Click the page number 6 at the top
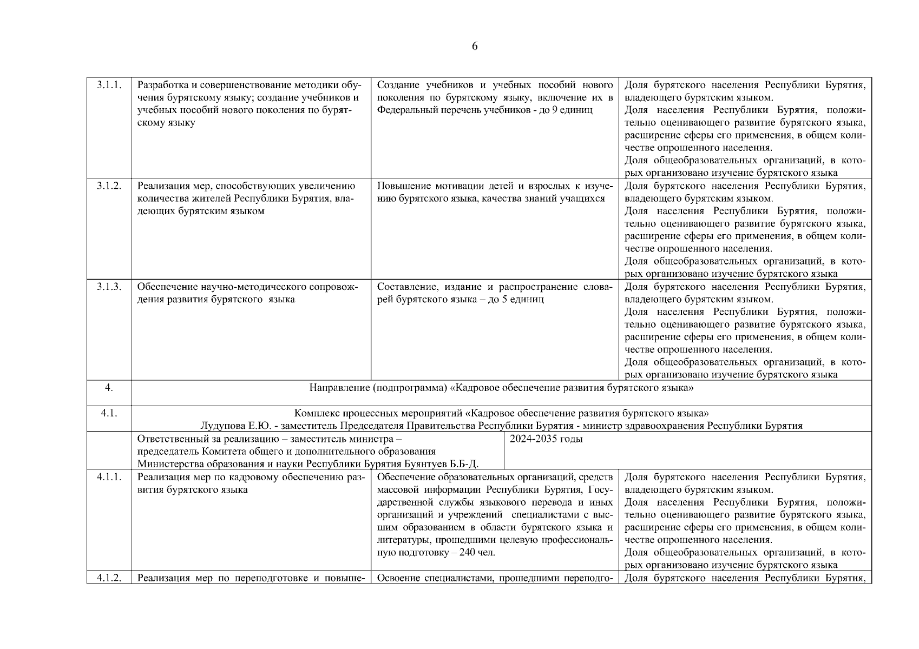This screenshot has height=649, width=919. [x=475, y=47]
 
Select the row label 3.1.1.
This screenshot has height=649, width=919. [x=109, y=85]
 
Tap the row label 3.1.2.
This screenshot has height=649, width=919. [x=109, y=186]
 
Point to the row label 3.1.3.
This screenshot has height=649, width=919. [x=109, y=287]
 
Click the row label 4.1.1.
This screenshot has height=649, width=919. [x=109, y=477]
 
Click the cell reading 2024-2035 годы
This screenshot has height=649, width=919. [x=546, y=439]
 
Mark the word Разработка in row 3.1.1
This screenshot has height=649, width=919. [x=161, y=85]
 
